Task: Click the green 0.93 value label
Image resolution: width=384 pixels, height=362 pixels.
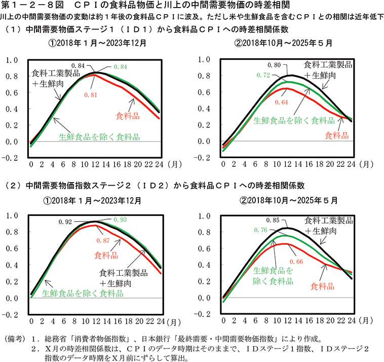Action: point(120,219)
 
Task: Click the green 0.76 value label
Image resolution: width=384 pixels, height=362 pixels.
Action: point(259,230)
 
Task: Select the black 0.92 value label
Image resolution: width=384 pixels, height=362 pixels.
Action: point(65,222)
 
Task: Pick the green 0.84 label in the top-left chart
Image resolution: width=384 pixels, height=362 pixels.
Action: point(120,66)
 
